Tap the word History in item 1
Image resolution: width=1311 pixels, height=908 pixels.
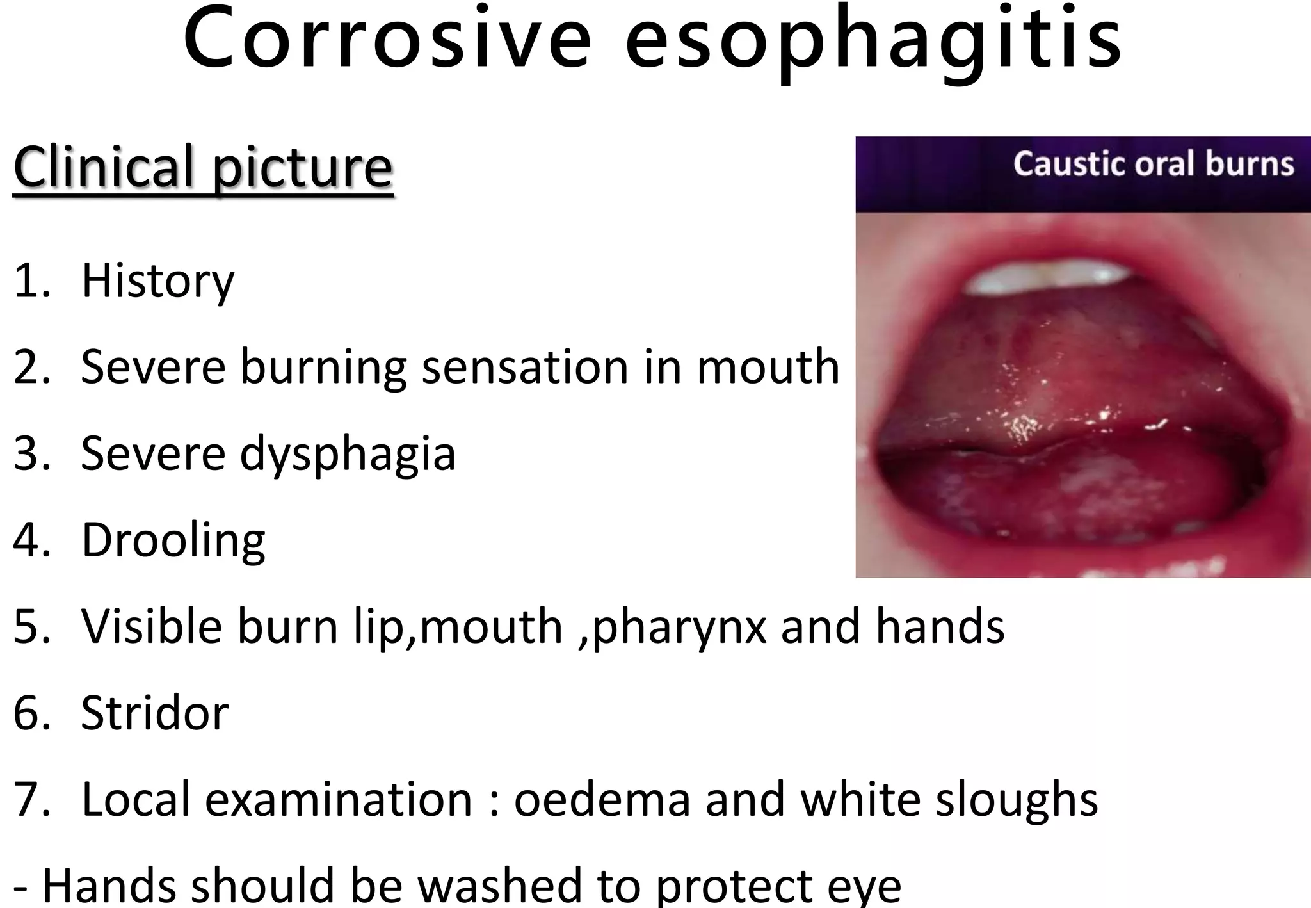[157, 282]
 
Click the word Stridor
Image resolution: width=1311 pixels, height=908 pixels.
[154, 713]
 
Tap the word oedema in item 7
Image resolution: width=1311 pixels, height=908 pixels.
[602, 800]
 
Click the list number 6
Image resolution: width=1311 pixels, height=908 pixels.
[31, 713]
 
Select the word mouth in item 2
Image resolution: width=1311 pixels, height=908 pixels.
[768, 368]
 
